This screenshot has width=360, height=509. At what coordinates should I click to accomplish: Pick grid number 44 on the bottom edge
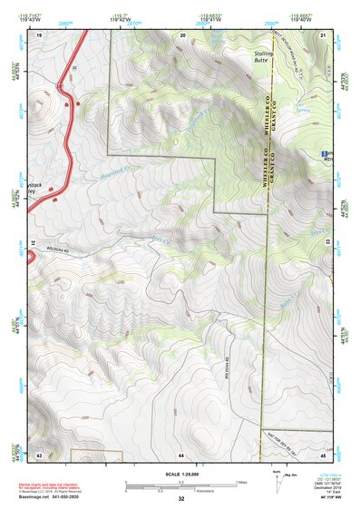[x=181, y=454]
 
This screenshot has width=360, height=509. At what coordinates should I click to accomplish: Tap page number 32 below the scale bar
[x=181, y=499]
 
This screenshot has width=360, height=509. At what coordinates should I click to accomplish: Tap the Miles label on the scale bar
[x=240, y=481]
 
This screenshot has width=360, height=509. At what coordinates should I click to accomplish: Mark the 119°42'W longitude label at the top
[x=117, y=17]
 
